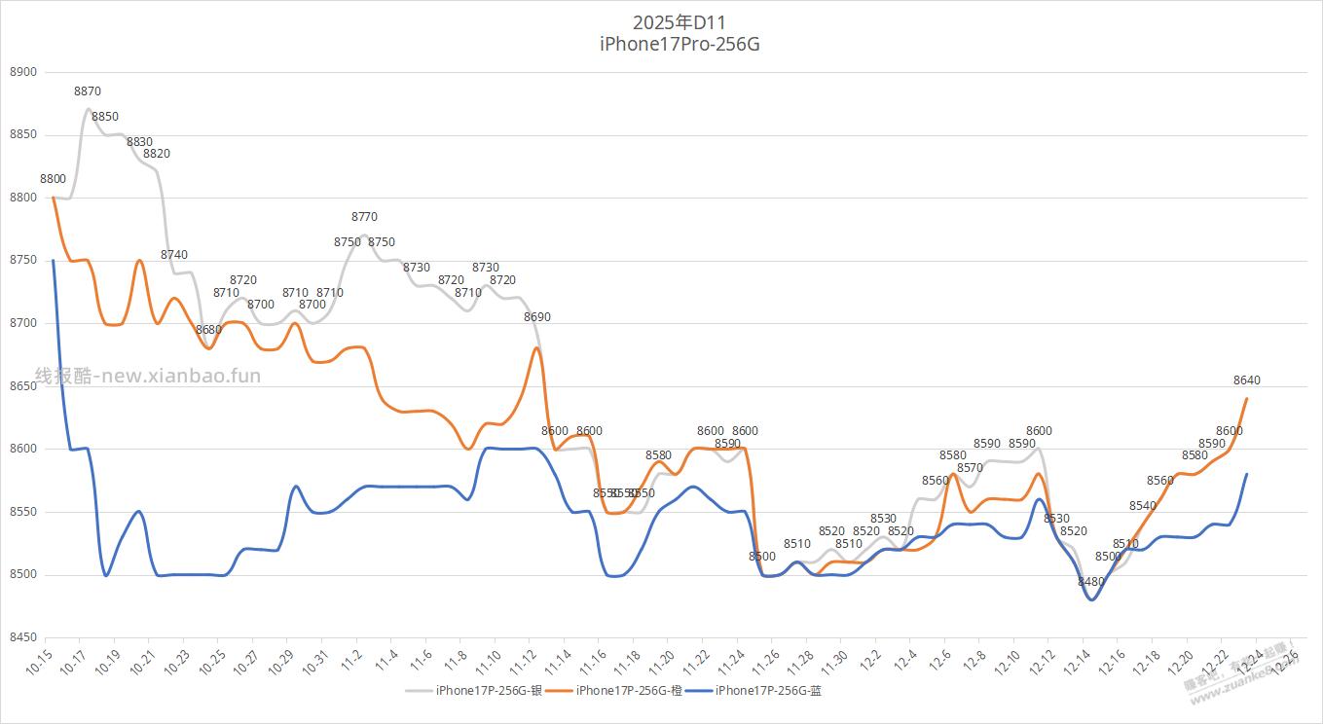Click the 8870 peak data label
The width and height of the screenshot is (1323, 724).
click(x=88, y=91)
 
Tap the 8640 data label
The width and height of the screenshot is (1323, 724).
click(x=1246, y=380)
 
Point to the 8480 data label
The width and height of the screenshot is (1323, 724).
click(x=1091, y=582)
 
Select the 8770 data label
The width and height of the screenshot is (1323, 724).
click(x=364, y=217)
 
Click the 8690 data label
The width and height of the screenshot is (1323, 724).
click(x=537, y=317)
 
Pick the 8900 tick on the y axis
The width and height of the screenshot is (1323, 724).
click(x=22, y=72)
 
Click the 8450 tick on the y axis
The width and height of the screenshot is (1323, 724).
click(x=22, y=637)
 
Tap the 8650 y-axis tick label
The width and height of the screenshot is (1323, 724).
click(x=22, y=386)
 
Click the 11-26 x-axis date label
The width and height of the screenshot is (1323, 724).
click(x=766, y=664)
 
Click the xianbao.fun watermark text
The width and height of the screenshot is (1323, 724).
click(x=148, y=376)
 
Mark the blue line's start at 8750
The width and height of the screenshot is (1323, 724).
click(x=53, y=261)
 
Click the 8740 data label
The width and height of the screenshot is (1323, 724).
click(x=174, y=255)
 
